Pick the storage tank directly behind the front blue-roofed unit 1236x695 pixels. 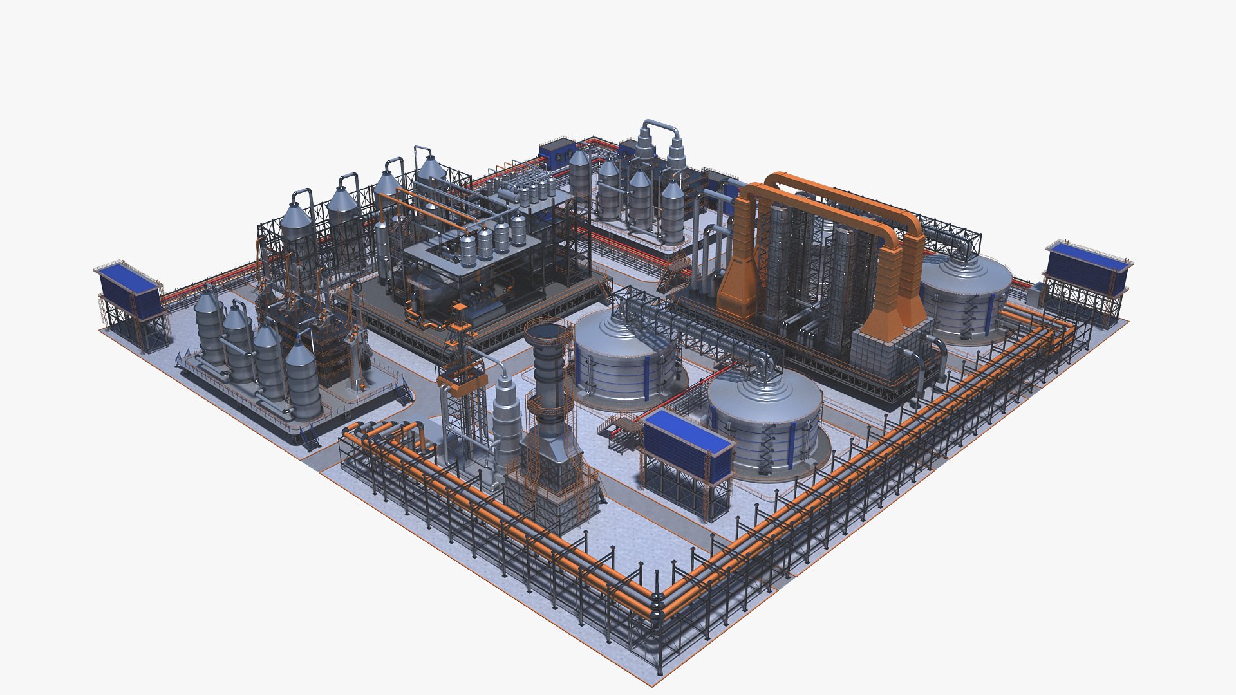click(x=766, y=418)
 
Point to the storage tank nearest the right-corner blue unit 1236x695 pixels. click(x=966, y=296)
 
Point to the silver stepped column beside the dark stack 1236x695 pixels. click(x=505, y=418)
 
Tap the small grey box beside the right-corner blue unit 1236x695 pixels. click(x=1035, y=294)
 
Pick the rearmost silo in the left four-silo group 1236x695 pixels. click(x=208, y=328)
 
